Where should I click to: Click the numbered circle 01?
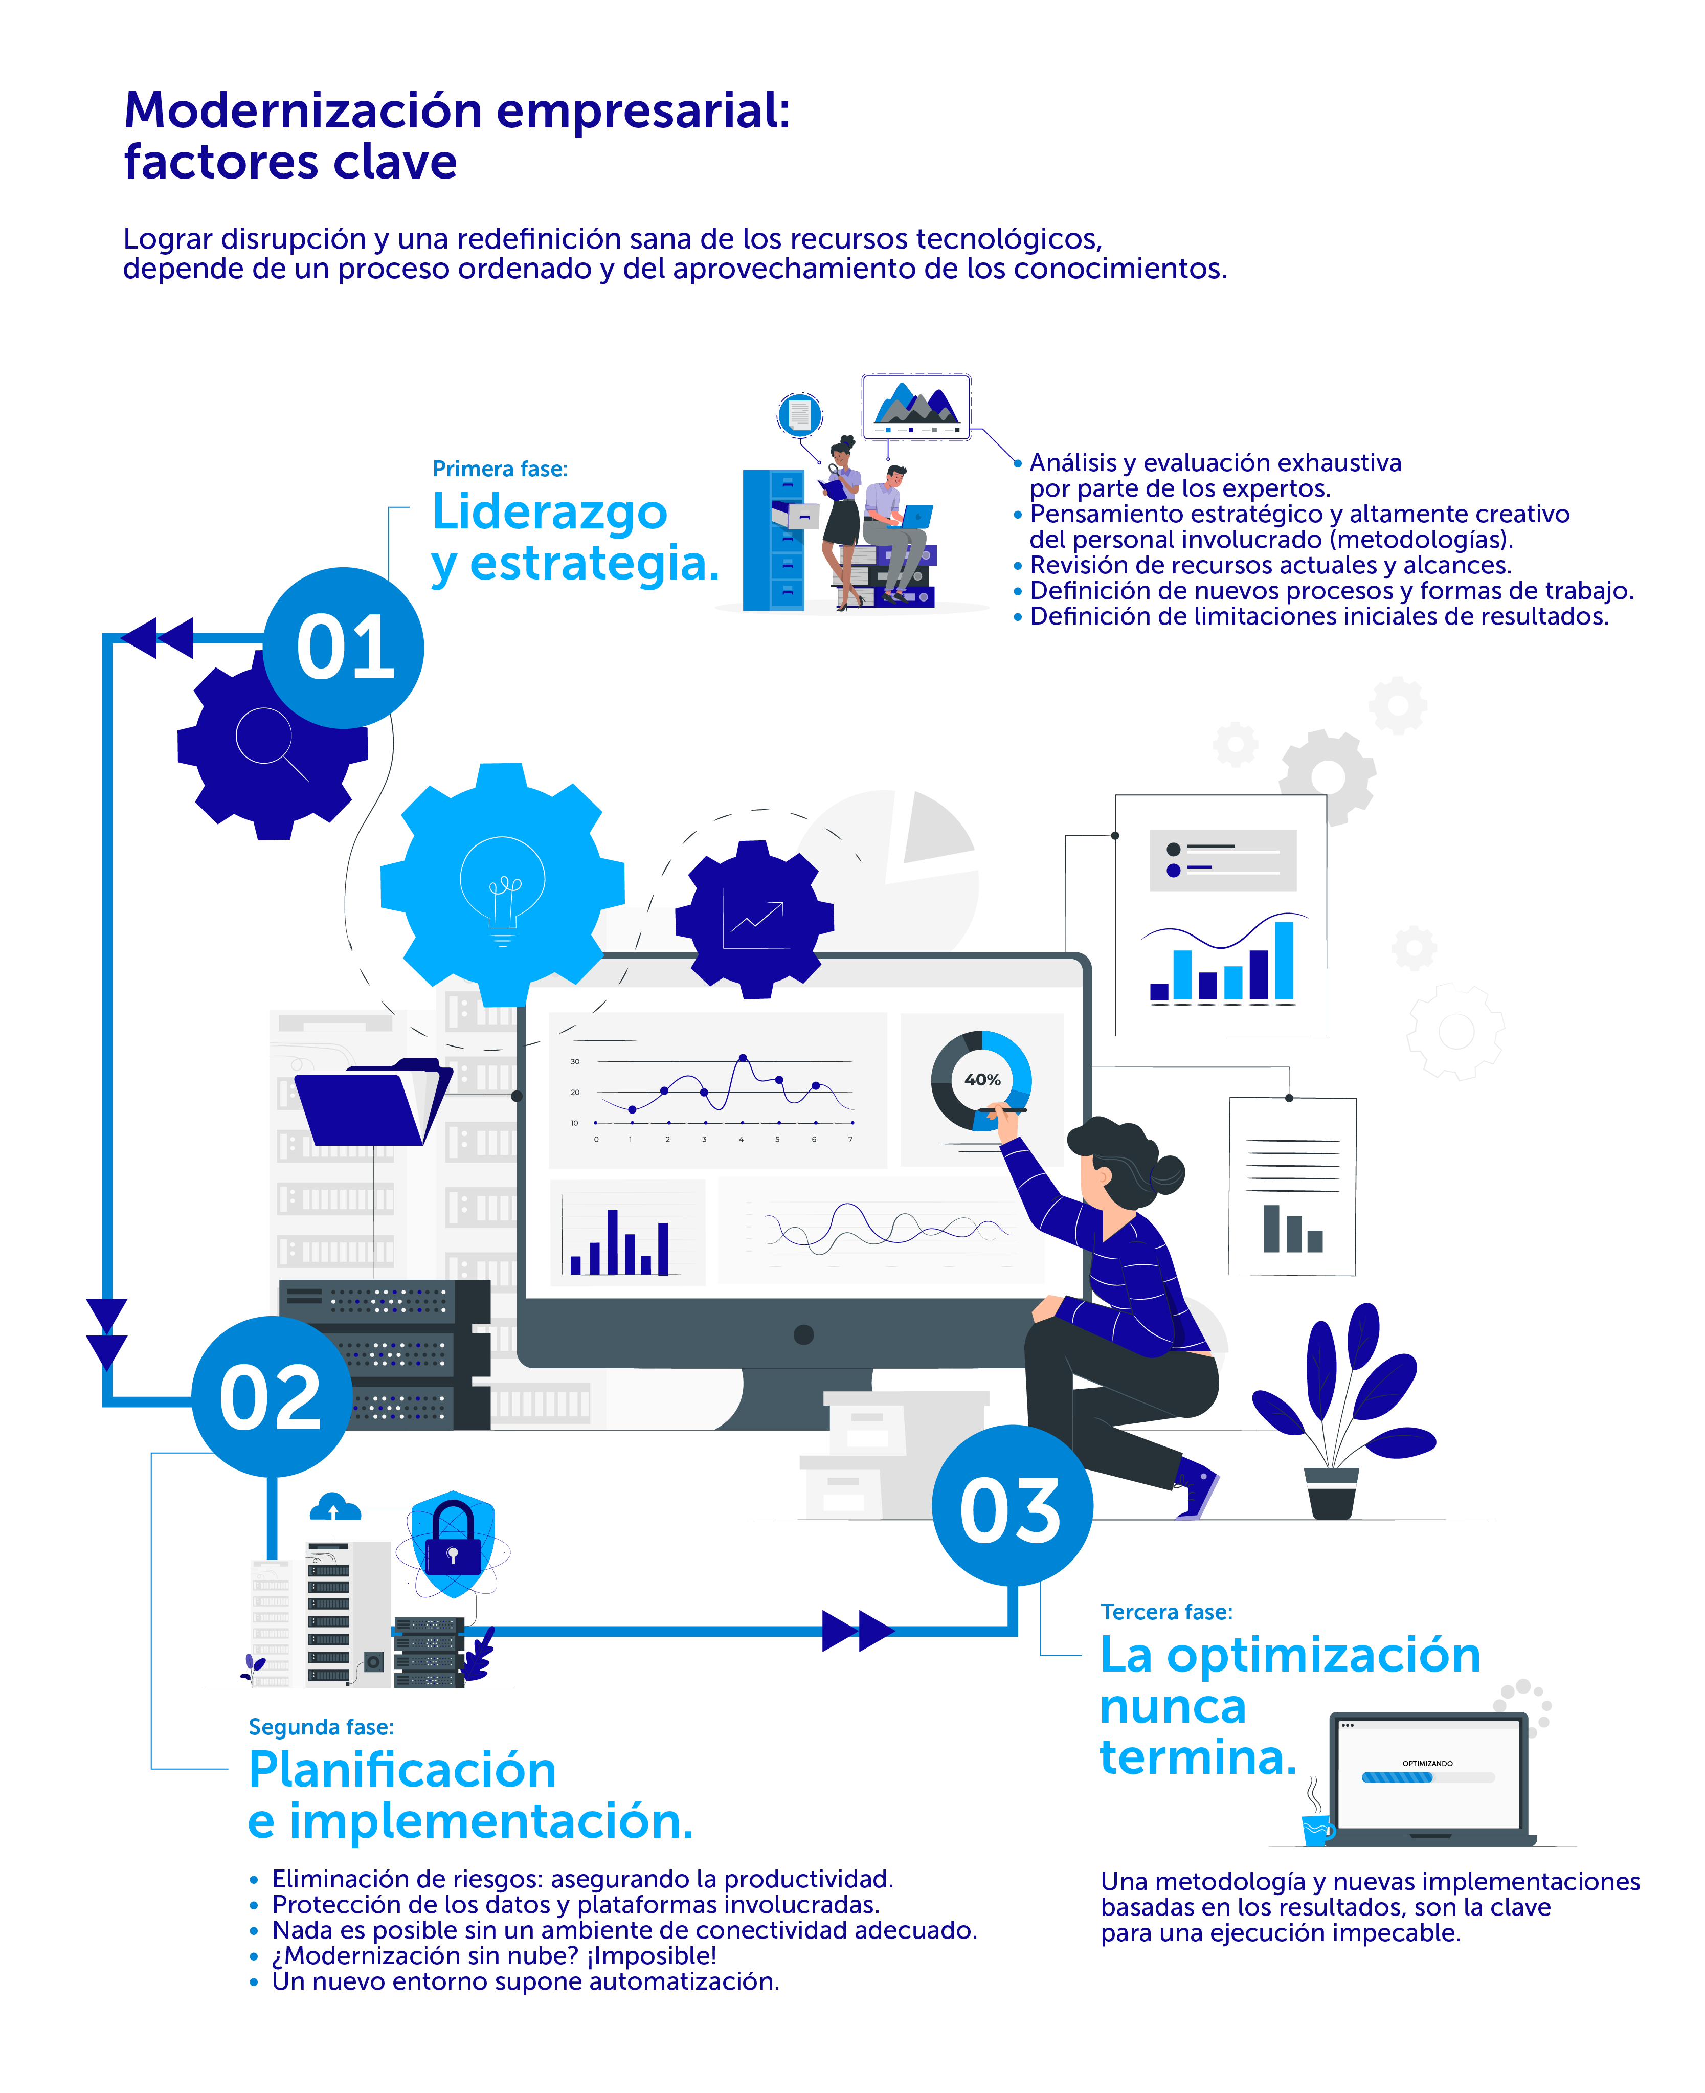[x=344, y=648]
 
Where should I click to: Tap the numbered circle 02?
[x=271, y=1397]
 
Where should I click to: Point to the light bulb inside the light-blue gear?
[x=503, y=884]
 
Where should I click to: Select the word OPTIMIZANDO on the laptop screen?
[x=1427, y=1763]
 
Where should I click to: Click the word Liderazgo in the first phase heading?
[x=549, y=511]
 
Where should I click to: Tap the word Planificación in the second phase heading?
[x=402, y=1770]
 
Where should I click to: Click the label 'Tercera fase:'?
[x=1166, y=1612]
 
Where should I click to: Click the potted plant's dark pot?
[x=1332, y=1493]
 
